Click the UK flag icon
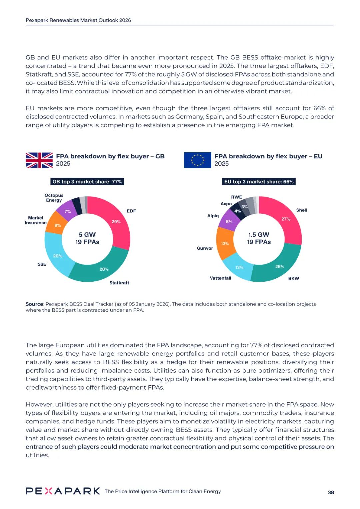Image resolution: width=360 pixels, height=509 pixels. click(39, 160)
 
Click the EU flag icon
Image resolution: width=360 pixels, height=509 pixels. click(197, 160)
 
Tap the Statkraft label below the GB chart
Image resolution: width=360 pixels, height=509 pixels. click(119, 283)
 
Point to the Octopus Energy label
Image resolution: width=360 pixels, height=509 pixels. click(54, 198)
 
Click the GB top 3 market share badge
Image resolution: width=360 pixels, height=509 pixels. click(87, 182)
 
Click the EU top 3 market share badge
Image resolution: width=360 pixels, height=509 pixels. click(259, 182)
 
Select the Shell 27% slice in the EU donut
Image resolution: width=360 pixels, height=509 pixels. click(286, 219)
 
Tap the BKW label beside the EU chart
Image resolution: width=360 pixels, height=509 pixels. click(294, 278)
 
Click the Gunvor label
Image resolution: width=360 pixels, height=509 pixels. click(205, 248)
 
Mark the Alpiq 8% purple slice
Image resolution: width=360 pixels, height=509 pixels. click(229, 221)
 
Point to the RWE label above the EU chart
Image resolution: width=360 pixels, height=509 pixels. click(236, 197)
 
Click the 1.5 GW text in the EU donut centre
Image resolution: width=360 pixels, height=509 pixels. click(259, 235)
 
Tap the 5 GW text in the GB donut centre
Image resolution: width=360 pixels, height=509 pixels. click(87, 235)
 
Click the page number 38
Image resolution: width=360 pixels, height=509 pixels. click(331, 492)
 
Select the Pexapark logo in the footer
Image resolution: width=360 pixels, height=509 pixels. click(63, 491)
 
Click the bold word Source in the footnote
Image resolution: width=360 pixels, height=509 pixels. click(34, 304)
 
